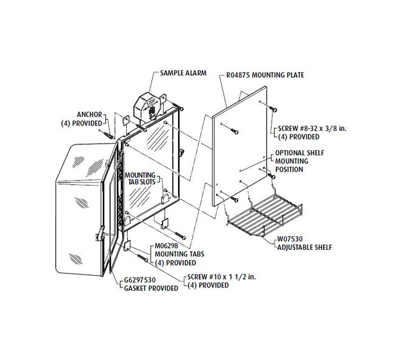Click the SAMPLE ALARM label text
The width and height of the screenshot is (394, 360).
(183, 73)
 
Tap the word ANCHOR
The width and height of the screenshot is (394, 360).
(88, 113)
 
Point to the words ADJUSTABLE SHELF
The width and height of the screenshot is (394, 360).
(306, 247)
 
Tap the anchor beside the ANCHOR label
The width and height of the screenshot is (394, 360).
(109, 132)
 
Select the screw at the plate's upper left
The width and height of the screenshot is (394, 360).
(233, 130)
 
